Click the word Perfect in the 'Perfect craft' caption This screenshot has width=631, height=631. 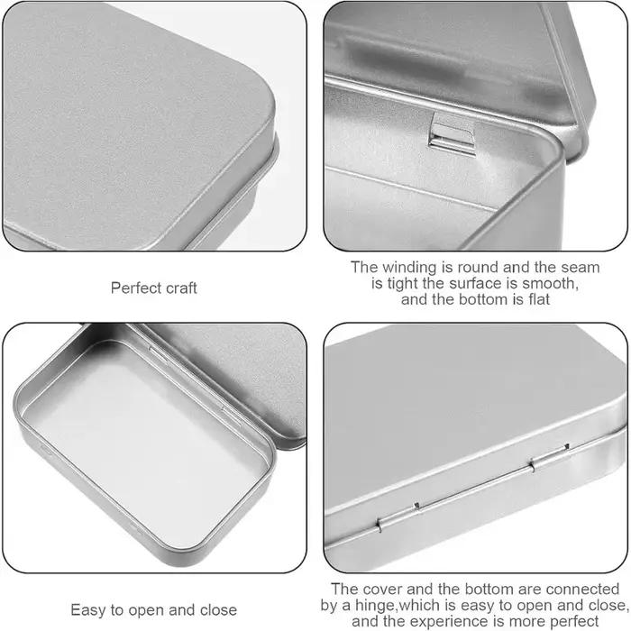(133, 288)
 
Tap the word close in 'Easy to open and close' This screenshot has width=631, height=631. (218, 610)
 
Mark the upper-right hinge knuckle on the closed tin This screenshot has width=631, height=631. (550, 458)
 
